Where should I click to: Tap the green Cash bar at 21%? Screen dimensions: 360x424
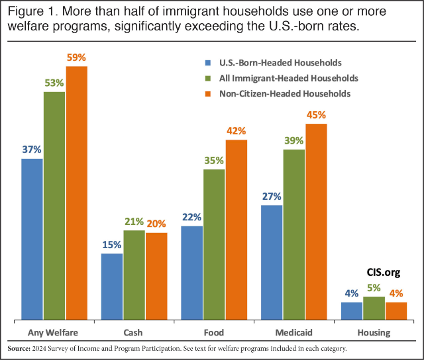tap(134, 275)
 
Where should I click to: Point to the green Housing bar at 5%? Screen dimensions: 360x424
tap(374, 309)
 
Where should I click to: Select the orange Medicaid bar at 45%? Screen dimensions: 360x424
tap(316, 222)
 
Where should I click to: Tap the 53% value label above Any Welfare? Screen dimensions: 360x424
tap(54, 83)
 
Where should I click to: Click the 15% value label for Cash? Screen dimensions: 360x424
tap(111, 245)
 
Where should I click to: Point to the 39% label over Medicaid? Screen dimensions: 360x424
tap(294, 140)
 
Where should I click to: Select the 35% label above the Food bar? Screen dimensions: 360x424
tap(213, 160)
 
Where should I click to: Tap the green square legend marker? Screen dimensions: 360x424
tap(205, 79)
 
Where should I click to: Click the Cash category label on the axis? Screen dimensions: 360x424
tap(133, 332)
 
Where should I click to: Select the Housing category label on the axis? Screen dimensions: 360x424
tap(374, 332)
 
